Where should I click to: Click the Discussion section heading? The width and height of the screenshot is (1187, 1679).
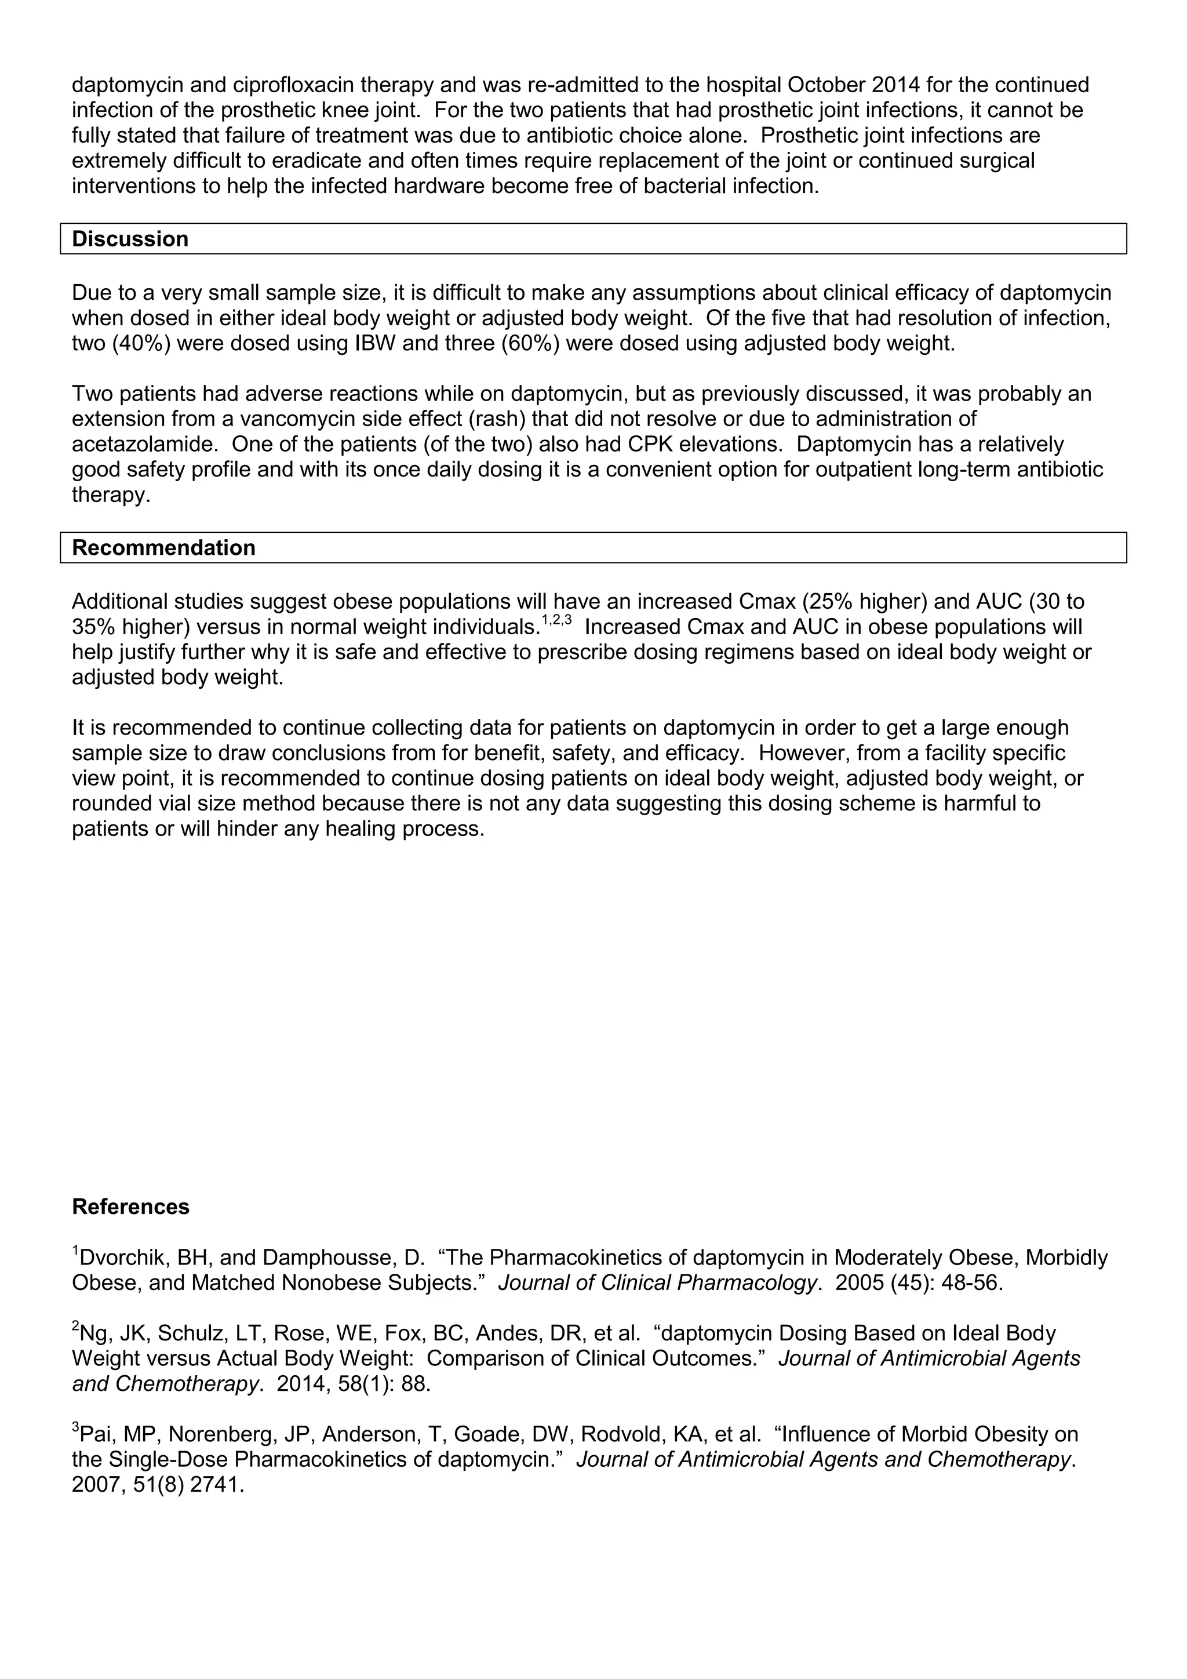[130, 239]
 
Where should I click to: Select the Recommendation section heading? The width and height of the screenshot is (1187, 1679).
[163, 548]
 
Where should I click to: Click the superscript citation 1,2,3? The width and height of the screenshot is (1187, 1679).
[555, 622]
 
